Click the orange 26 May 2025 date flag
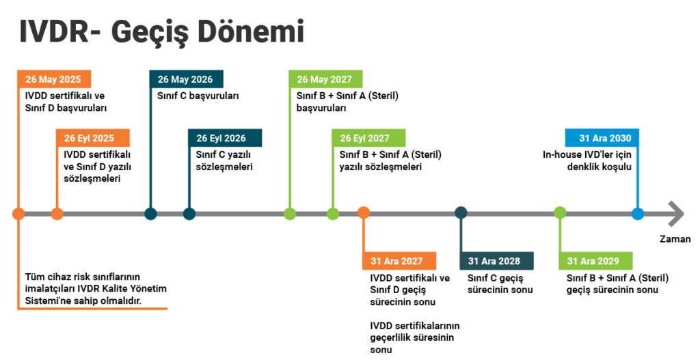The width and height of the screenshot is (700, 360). pyautogui.click(x=55, y=79)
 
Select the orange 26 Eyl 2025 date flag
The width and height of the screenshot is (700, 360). pyautogui.click(x=93, y=138)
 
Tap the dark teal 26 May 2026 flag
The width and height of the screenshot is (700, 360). pyautogui.click(x=186, y=79)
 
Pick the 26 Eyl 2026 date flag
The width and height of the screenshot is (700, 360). pyautogui.click(x=225, y=138)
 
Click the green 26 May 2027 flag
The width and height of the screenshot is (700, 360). pyautogui.click(x=325, y=79)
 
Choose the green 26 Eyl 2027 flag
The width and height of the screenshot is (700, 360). pyautogui.click(x=368, y=138)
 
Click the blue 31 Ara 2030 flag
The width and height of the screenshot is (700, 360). pyautogui.click(x=602, y=138)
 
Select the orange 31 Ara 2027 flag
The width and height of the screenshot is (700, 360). pyautogui.click(x=399, y=261)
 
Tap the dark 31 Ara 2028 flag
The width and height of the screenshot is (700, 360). pyautogui.click(x=497, y=261)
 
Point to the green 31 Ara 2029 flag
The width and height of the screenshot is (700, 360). pyautogui.click(x=595, y=261)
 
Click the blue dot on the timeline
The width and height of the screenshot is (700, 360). pyautogui.click(x=638, y=214)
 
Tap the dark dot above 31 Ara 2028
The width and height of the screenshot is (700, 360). pyautogui.click(x=461, y=212)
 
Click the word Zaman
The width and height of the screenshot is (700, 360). pyautogui.click(x=675, y=239)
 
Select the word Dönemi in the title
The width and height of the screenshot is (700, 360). pyautogui.click(x=251, y=32)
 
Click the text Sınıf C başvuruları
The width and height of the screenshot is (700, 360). pyautogui.click(x=198, y=96)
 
